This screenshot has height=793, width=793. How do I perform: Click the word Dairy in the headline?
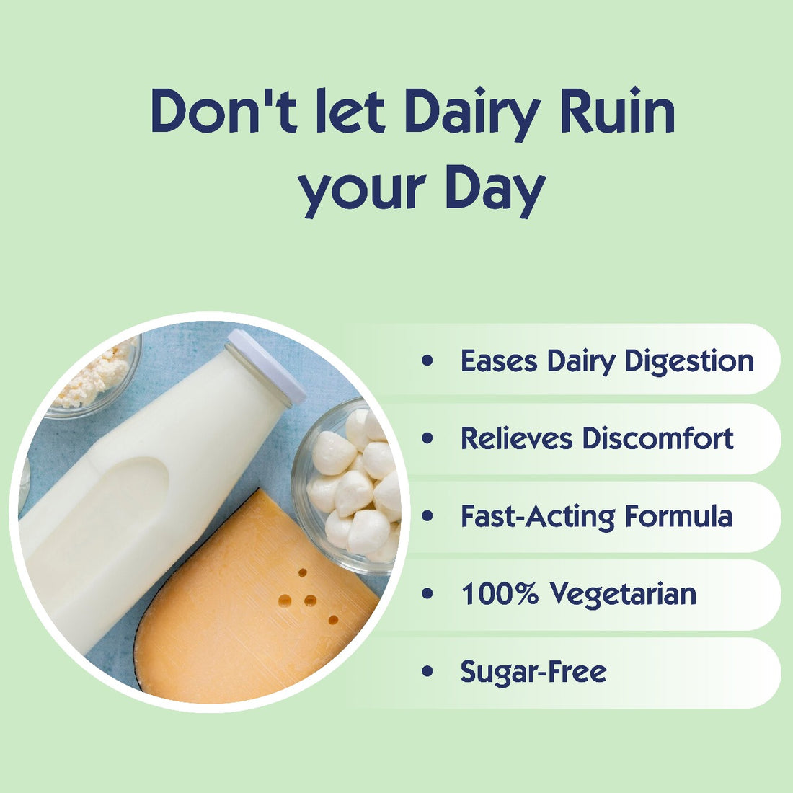[x=471, y=112]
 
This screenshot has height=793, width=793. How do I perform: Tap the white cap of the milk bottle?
[x=267, y=365]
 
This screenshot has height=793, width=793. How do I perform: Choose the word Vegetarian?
[x=623, y=595]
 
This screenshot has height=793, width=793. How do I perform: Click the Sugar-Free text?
[x=533, y=672]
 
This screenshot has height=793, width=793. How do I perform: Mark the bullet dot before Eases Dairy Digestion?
[x=428, y=360]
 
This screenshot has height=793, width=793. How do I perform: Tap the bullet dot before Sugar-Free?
[x=428, y=672]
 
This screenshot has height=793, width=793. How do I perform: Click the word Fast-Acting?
[x=538, y=516]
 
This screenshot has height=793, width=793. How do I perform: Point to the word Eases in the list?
[x=498, y=360]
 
